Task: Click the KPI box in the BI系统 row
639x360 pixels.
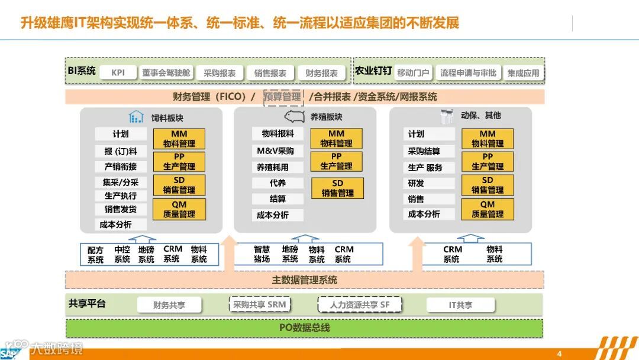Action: pos(118,73)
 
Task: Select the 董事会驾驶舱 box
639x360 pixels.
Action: pos(166,73)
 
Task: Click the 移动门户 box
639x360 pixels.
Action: pos(413,73)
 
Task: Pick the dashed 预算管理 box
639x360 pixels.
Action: pos(283,97)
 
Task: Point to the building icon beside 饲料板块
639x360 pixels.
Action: pos(137,117)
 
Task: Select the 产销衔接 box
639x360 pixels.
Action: pos(121,167)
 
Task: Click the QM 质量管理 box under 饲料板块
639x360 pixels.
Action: pos(179,209)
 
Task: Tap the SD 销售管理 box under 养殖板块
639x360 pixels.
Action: pos(337,188)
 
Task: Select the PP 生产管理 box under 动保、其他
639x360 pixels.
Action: pos(488,162)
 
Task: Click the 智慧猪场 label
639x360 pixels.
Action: pos(262,255)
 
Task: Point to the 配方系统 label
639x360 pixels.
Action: pos(95,255)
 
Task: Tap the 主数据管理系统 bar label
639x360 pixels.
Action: pos(304,280)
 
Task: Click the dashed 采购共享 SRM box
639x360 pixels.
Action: pos(259,304)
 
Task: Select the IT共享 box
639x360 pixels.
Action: pos(460,305)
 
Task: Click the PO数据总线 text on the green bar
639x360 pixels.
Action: pos(304,327)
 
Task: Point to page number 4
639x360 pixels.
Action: pos(559,353)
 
